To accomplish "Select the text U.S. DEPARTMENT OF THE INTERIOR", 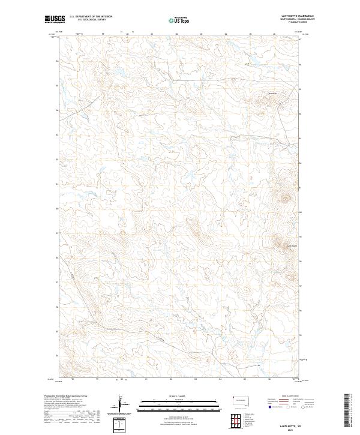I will tap(91, 17).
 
